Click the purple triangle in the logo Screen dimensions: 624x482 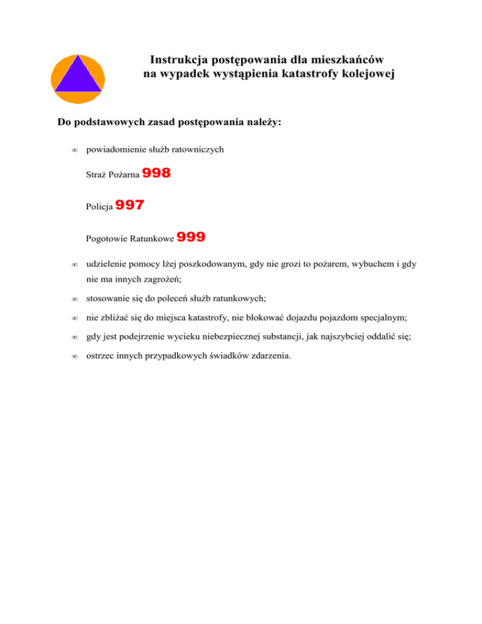pos(77,77)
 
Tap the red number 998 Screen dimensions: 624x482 pos(157,173)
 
